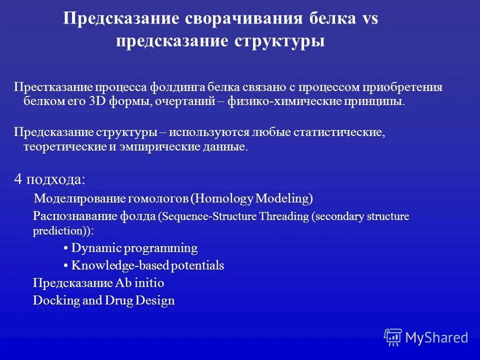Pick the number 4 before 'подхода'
coord(17,179)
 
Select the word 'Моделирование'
coord(73,198)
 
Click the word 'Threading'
coord(282,216)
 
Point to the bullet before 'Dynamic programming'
coord(66,248)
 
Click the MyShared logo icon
coord(393,337)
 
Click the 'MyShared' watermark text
coord(436,338)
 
